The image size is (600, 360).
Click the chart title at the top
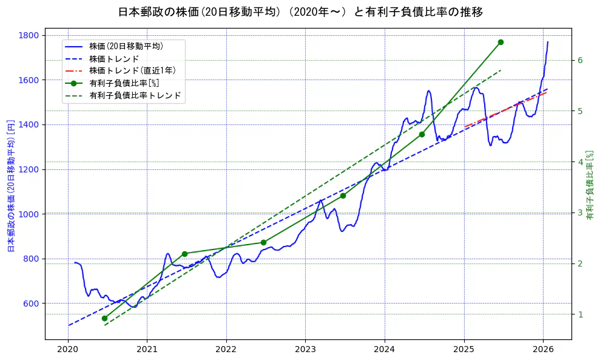point(300,12)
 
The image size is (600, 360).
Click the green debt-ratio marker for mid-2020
point(104,318)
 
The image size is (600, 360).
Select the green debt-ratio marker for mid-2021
point(184,254)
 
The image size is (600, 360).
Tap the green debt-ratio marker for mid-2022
point(263,242)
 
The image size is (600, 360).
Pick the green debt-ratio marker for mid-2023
point(343,195)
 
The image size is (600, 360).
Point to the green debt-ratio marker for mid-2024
point(422,134)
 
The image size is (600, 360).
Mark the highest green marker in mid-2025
point(501,42)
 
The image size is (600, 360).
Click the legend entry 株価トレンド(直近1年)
point(132,71)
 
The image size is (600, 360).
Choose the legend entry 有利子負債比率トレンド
point(135,96)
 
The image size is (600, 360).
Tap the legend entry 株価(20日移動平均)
point(126,46)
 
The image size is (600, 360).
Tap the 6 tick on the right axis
point(580,60)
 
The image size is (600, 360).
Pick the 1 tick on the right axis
point(580,314)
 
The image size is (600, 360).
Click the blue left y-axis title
point(10,186)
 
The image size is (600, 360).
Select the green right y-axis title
point(590,186)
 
